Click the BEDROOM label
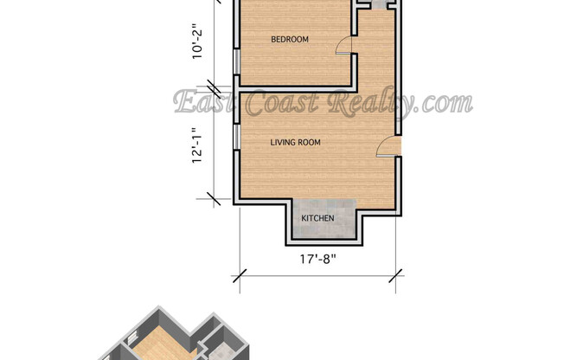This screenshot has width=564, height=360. point(290,40)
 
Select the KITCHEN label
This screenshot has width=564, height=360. point(317,218)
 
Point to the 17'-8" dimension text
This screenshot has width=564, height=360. point(317,258)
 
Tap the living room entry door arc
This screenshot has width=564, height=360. point(384,149)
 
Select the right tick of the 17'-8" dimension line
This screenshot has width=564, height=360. point(396,275)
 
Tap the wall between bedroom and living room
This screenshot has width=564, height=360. point(294,87)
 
